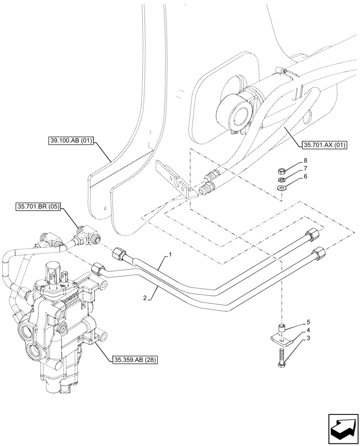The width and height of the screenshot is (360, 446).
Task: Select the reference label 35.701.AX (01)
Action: pos(322,145)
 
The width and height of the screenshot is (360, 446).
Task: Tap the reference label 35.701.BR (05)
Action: pos(39,206)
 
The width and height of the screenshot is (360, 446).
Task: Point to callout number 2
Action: pos(145,297)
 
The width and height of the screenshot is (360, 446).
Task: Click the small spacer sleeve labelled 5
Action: pos(281,329)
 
